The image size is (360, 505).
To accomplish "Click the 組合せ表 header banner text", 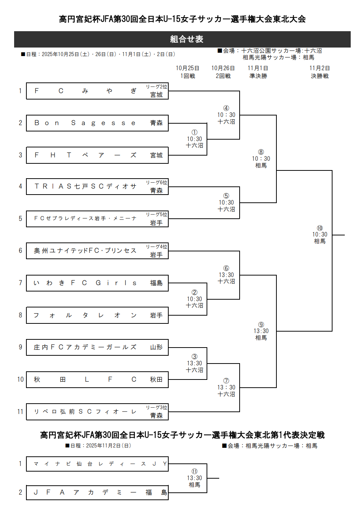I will pos(187,39).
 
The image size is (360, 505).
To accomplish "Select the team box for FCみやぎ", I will pos(97,91).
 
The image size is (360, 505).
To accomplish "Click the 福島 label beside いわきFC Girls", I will pos(156,283).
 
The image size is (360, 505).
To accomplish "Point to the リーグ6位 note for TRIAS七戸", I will pos(156,182).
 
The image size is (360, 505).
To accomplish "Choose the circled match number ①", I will pos(194,132).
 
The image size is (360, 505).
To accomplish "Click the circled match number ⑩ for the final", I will pos(320,228).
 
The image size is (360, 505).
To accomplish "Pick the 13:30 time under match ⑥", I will pos(226,275).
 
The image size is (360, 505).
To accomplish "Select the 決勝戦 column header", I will pos(320,76).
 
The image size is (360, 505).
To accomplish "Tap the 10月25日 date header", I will pos(187,68).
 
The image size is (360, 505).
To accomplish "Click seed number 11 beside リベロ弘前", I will pos(20,411).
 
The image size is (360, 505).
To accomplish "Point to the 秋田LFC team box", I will pos(97,379).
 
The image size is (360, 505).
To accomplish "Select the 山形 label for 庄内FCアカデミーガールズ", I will pos(156,347).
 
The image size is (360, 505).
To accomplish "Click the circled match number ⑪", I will pos(194,471).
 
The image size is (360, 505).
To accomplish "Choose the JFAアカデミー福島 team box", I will pos(97,492).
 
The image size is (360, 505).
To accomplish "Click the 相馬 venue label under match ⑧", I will pos(261,166).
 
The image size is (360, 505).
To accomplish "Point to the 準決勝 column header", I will pos(258,76).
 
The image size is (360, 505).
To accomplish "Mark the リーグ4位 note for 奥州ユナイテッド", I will pos(156,247).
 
